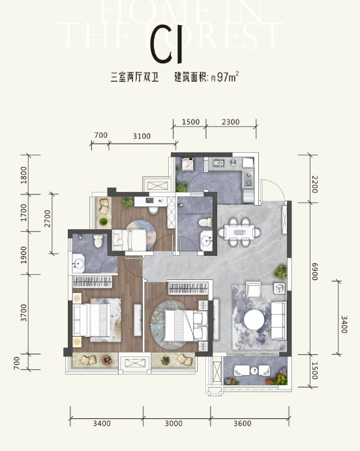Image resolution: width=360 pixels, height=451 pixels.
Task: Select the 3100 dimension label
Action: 142,136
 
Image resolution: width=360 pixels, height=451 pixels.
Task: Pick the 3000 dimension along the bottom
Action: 173,424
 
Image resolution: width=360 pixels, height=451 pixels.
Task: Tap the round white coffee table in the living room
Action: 254,320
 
